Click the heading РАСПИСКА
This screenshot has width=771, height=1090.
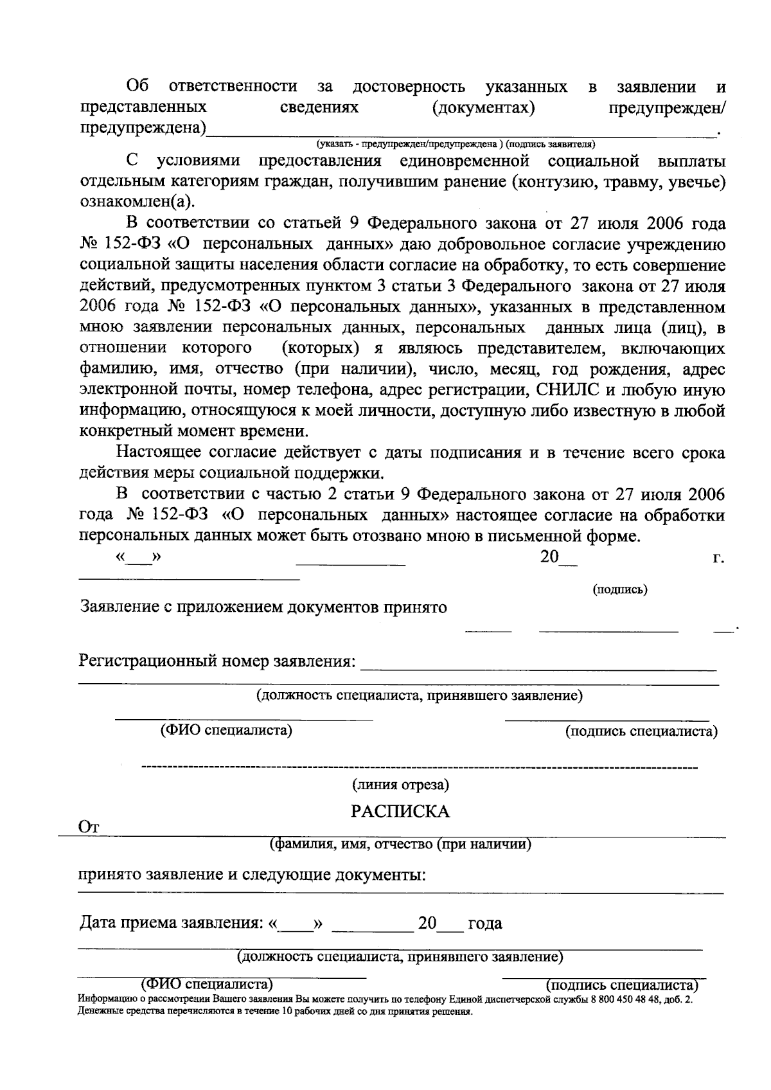400,811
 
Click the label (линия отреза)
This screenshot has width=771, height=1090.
400,785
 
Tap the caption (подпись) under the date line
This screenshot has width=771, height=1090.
619,589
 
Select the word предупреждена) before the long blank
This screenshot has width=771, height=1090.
143,129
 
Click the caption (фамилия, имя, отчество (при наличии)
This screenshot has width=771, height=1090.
400,844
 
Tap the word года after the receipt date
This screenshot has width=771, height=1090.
485,924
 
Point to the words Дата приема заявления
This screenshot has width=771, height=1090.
171,924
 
